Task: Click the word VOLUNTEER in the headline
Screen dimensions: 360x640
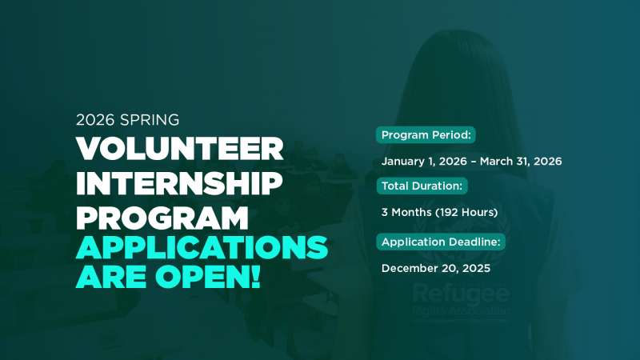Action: [180, 148]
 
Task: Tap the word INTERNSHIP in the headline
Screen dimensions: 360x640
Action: [180, 183]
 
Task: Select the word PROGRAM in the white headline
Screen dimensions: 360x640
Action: [162, 218]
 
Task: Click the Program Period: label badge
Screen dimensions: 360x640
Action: [426, 134]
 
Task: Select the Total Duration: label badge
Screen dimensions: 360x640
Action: [422, 186]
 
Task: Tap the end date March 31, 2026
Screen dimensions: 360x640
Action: [524, 162]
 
